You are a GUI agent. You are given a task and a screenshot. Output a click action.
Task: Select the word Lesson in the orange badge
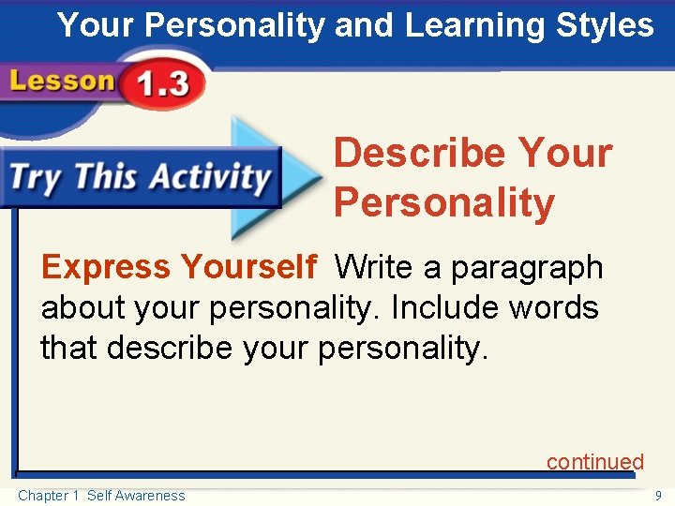pyautogui.click(x=61, y=82)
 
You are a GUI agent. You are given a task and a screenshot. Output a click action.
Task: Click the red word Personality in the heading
pyautogui.click(x=443, y=203)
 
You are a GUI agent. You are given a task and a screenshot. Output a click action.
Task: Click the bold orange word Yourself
pyautogui.click(x=248, y=268)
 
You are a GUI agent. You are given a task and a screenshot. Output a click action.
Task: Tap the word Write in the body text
pyautogui.click(x=375, y=268)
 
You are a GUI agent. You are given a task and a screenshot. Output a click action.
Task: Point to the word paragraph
pyautogui.click(x=527, y=269)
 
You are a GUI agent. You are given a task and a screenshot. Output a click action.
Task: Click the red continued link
pyautogui.click(x=595, y=462)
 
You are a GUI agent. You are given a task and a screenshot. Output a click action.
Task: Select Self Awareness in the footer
pyautogui.click(x=136, y=496)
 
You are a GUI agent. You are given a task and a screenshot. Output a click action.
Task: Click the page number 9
pyautogui.click(x=658, y=496)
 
